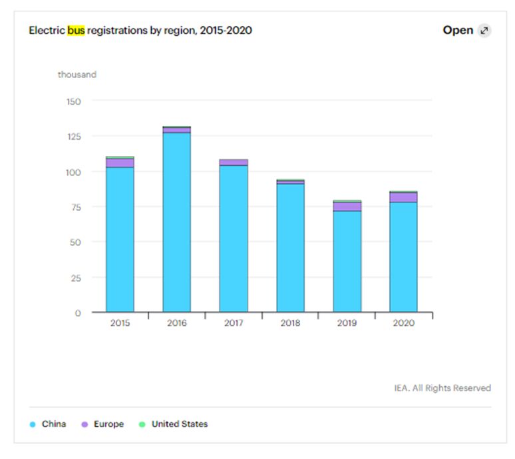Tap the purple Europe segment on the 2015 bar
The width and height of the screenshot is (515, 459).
click(120, 163)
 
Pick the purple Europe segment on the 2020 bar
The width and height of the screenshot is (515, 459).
click(403, 197)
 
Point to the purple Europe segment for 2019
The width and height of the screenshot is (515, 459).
click(347, 206)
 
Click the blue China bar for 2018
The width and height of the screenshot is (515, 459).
click(290, 247)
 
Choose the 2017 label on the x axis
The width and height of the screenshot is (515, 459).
click(234, 323)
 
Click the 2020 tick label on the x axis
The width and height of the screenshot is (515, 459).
click(403, 323)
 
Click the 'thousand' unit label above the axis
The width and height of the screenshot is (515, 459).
click(77, 75)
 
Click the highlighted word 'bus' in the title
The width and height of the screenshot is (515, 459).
click(76, 31)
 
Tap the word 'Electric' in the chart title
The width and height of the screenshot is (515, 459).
click(47, 31)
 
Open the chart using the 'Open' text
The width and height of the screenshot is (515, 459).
click(458, 31)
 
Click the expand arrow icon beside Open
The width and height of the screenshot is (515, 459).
click(484, 31)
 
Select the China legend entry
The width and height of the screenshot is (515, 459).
click(53, 424)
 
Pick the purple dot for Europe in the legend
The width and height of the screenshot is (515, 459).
click(85, 424)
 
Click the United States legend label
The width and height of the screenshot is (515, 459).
click(179, 424)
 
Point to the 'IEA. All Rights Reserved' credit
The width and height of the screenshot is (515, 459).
click(442, 388)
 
